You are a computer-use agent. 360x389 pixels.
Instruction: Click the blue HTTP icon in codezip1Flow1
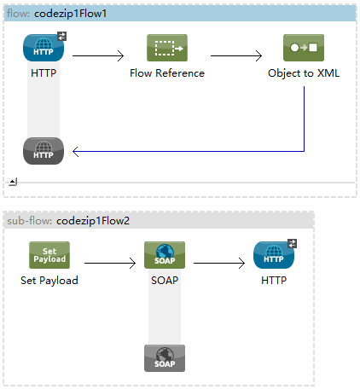pyautogui.click(x=44, y=48)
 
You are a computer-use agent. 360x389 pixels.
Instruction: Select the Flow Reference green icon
pyautogui.click(x=167, y=48)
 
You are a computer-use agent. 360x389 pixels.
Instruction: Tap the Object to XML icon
pyautogui.click(x=304, y=48)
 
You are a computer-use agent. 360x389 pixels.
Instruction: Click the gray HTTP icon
pyautogui.click(x=44, y=151)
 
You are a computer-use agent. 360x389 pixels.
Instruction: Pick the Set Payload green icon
pyautogui.click(x=49, y=255)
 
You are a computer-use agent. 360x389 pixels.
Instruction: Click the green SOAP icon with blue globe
pyautogui.click(x=165, y=255)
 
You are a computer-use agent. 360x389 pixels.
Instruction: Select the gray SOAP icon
pyautogui.click(x=165, y=358)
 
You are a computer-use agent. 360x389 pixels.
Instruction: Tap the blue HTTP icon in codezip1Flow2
pyautogui.click(x=274, y=255)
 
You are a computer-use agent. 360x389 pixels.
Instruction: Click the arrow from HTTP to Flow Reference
pyautogui.click(x=98, y=55)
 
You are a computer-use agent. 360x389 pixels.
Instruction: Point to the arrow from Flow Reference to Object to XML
pyautogui.click(x=236, y=55)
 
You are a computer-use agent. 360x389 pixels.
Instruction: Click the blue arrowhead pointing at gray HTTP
pyautogui.click(x=75, y=151)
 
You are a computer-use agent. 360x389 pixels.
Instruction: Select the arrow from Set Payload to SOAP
pyautogui.click(x=110, y=263)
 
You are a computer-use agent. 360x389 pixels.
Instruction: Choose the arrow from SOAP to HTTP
pyautogui.click(x=219, y=263)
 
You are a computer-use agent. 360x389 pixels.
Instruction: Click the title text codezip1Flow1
pyautogui.click(x=70, y=14)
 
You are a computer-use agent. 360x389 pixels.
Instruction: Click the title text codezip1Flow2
pyautogui.click(x=93, y=221)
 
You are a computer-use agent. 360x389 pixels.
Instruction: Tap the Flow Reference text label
pyautogui.click(x=167, y=73)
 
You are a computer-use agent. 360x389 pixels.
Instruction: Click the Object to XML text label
pyautogui.click(x=304, y=73)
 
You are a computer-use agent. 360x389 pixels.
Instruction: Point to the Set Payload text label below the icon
pyautogui.click(x=49, y=281)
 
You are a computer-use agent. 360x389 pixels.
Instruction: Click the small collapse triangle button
pyautogui.click(x=13, y=182)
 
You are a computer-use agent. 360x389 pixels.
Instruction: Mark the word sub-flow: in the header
pyautogui.click(x=30, y=221)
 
